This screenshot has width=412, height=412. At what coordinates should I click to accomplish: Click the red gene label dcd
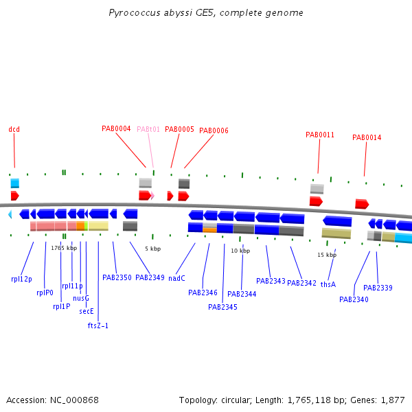click(14, 129)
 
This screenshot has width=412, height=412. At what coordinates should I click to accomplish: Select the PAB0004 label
click(116, 129)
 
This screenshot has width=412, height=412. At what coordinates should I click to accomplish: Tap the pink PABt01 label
click(148, 129)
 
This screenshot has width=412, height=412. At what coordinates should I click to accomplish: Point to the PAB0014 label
click(367, 137)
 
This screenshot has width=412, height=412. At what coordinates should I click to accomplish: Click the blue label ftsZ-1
click(98, 325)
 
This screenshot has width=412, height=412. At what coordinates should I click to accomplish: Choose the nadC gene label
click(177, 278)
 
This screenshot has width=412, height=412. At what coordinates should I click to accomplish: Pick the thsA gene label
click(328, 284)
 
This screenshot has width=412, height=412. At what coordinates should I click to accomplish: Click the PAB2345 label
click(222, 307)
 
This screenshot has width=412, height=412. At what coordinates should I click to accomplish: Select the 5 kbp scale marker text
click(153, 249)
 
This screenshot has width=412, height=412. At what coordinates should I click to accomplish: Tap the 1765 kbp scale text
click(64, 248)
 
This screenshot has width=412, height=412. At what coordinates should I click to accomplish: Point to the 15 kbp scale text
click(327, 255)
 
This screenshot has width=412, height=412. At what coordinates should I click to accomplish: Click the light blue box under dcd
click(15, 183)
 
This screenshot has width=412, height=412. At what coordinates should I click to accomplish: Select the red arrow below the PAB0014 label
click(362, 204)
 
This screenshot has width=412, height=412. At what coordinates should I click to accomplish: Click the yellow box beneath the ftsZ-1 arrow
click(98, 226)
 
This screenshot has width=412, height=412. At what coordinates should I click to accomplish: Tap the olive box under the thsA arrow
click(336, 233)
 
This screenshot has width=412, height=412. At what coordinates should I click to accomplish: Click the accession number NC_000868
click(74, 400)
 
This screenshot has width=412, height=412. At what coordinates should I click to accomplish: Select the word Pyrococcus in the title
click(135, 13)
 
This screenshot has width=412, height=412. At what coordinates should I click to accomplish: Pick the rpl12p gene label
click(21, 279)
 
